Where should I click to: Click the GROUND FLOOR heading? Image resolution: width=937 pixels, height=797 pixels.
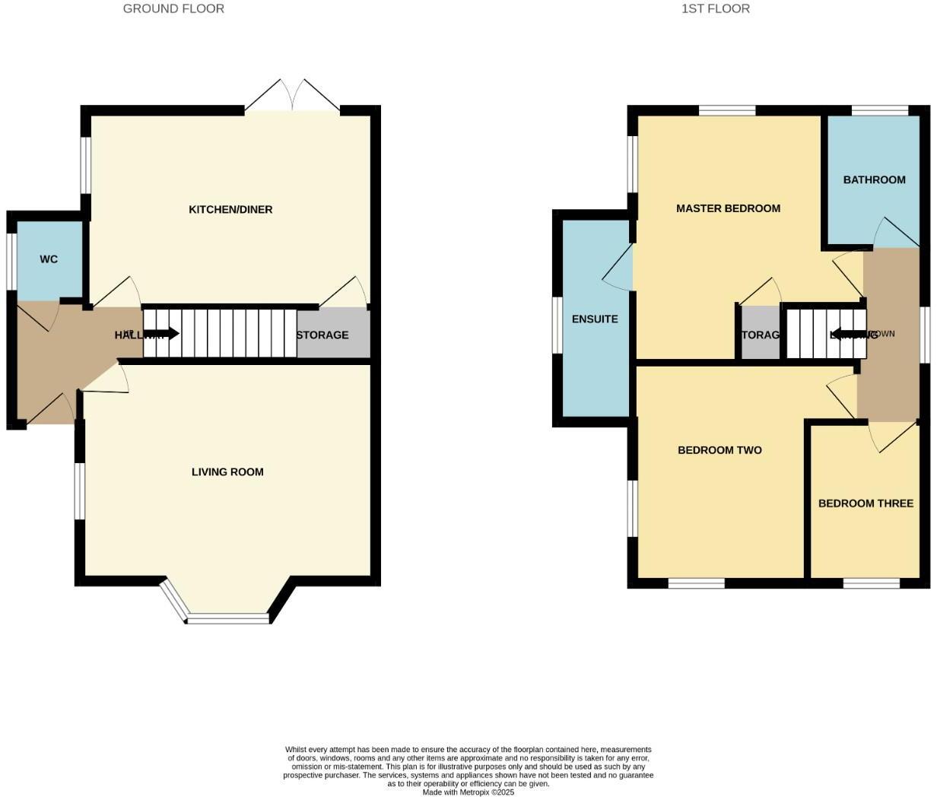(173, 9)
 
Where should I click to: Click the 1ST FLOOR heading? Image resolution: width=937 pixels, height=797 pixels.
(716, 9)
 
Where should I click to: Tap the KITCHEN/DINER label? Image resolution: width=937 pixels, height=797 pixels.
(230, 209)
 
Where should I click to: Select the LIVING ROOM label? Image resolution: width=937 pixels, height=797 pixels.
(227, 472)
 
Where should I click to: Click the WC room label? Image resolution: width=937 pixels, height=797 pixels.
(49, 259)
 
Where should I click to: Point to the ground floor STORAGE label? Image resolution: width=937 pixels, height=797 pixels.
(322, 335)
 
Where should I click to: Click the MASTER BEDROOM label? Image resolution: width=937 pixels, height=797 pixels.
(728, 208)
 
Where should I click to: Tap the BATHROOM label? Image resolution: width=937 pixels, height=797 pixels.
(874, 180)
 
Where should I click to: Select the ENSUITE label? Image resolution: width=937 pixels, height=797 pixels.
(595, 319)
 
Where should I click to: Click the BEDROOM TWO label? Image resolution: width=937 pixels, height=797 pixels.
(719, 450)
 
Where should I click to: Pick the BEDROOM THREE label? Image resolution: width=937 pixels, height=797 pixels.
(866, 503)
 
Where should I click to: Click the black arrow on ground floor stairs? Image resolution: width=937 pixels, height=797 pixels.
(161, 333)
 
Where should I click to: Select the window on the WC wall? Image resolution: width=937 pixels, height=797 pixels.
(11, 261)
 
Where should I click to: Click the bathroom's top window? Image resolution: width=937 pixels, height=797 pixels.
(879, 111)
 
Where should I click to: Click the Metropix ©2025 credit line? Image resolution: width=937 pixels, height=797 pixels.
(468, 792)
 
